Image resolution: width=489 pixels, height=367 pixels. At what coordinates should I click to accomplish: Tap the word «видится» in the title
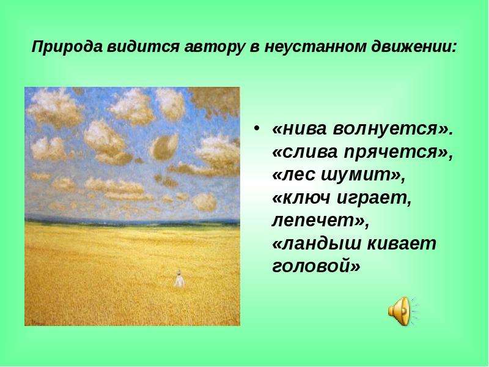point(143,47)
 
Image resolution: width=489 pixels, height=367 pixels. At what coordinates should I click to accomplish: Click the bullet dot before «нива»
point(257,129)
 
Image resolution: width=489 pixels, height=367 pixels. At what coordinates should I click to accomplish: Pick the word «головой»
point(316,267)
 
